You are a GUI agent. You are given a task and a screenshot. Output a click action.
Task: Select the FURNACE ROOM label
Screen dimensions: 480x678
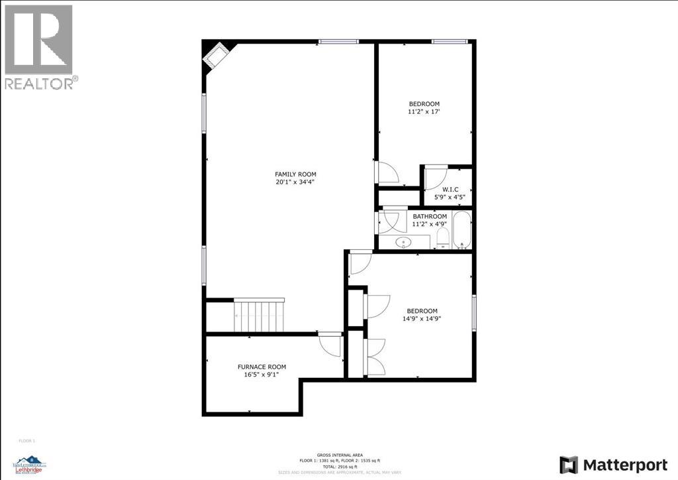point(262,367)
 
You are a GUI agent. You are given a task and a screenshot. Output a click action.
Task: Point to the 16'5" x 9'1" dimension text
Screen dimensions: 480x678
point(262,375)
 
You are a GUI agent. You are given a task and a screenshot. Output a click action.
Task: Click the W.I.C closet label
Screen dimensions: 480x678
point(450,189)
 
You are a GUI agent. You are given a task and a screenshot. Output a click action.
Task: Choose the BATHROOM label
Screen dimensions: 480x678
point(430,216)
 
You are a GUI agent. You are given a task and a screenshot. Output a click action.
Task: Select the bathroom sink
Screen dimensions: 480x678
point(403,243)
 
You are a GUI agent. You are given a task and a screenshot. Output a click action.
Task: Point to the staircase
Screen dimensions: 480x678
point(260,316)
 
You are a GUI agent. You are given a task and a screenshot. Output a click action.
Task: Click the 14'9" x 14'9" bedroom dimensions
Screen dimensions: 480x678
point(422,319)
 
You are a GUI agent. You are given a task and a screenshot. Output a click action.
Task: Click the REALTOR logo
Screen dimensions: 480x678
point(40,46)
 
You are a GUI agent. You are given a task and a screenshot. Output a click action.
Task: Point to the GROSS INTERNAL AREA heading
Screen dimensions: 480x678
point(339,454)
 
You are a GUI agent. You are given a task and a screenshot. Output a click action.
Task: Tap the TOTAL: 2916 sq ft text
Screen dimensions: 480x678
point(339,467)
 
